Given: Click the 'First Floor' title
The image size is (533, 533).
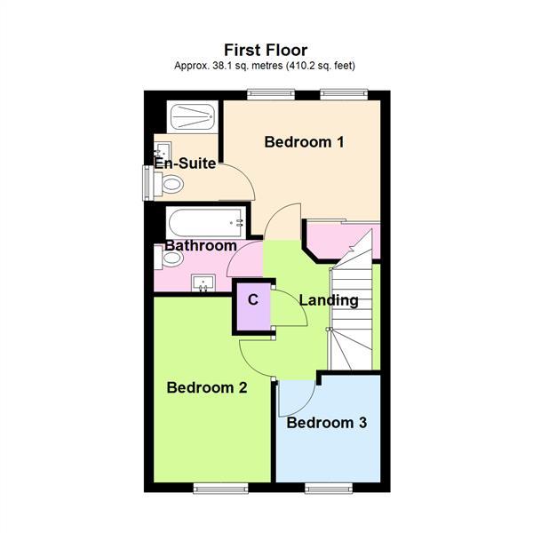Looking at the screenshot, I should point(266,50).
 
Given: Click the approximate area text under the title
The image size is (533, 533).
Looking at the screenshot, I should point(266,66).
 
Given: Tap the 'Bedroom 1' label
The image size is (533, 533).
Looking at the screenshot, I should point(305,141).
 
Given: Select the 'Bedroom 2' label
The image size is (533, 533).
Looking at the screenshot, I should point(206,387).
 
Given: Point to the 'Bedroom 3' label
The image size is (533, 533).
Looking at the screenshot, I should point(326,423).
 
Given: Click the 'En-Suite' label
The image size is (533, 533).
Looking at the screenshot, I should point(185,163).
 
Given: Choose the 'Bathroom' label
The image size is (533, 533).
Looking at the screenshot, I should point(201,246).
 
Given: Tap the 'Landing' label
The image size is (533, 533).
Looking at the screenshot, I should point(329,300).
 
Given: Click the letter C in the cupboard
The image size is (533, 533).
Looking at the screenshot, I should point(253,300).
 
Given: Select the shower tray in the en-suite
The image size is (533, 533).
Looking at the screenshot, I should point(190,118).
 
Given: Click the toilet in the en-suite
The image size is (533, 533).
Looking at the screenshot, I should point(170,184).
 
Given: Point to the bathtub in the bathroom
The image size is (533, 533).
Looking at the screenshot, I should point(205,220).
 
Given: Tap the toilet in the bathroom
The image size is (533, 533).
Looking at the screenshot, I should point(171,259).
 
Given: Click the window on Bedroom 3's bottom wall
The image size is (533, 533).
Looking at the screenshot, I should point(330,488).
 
